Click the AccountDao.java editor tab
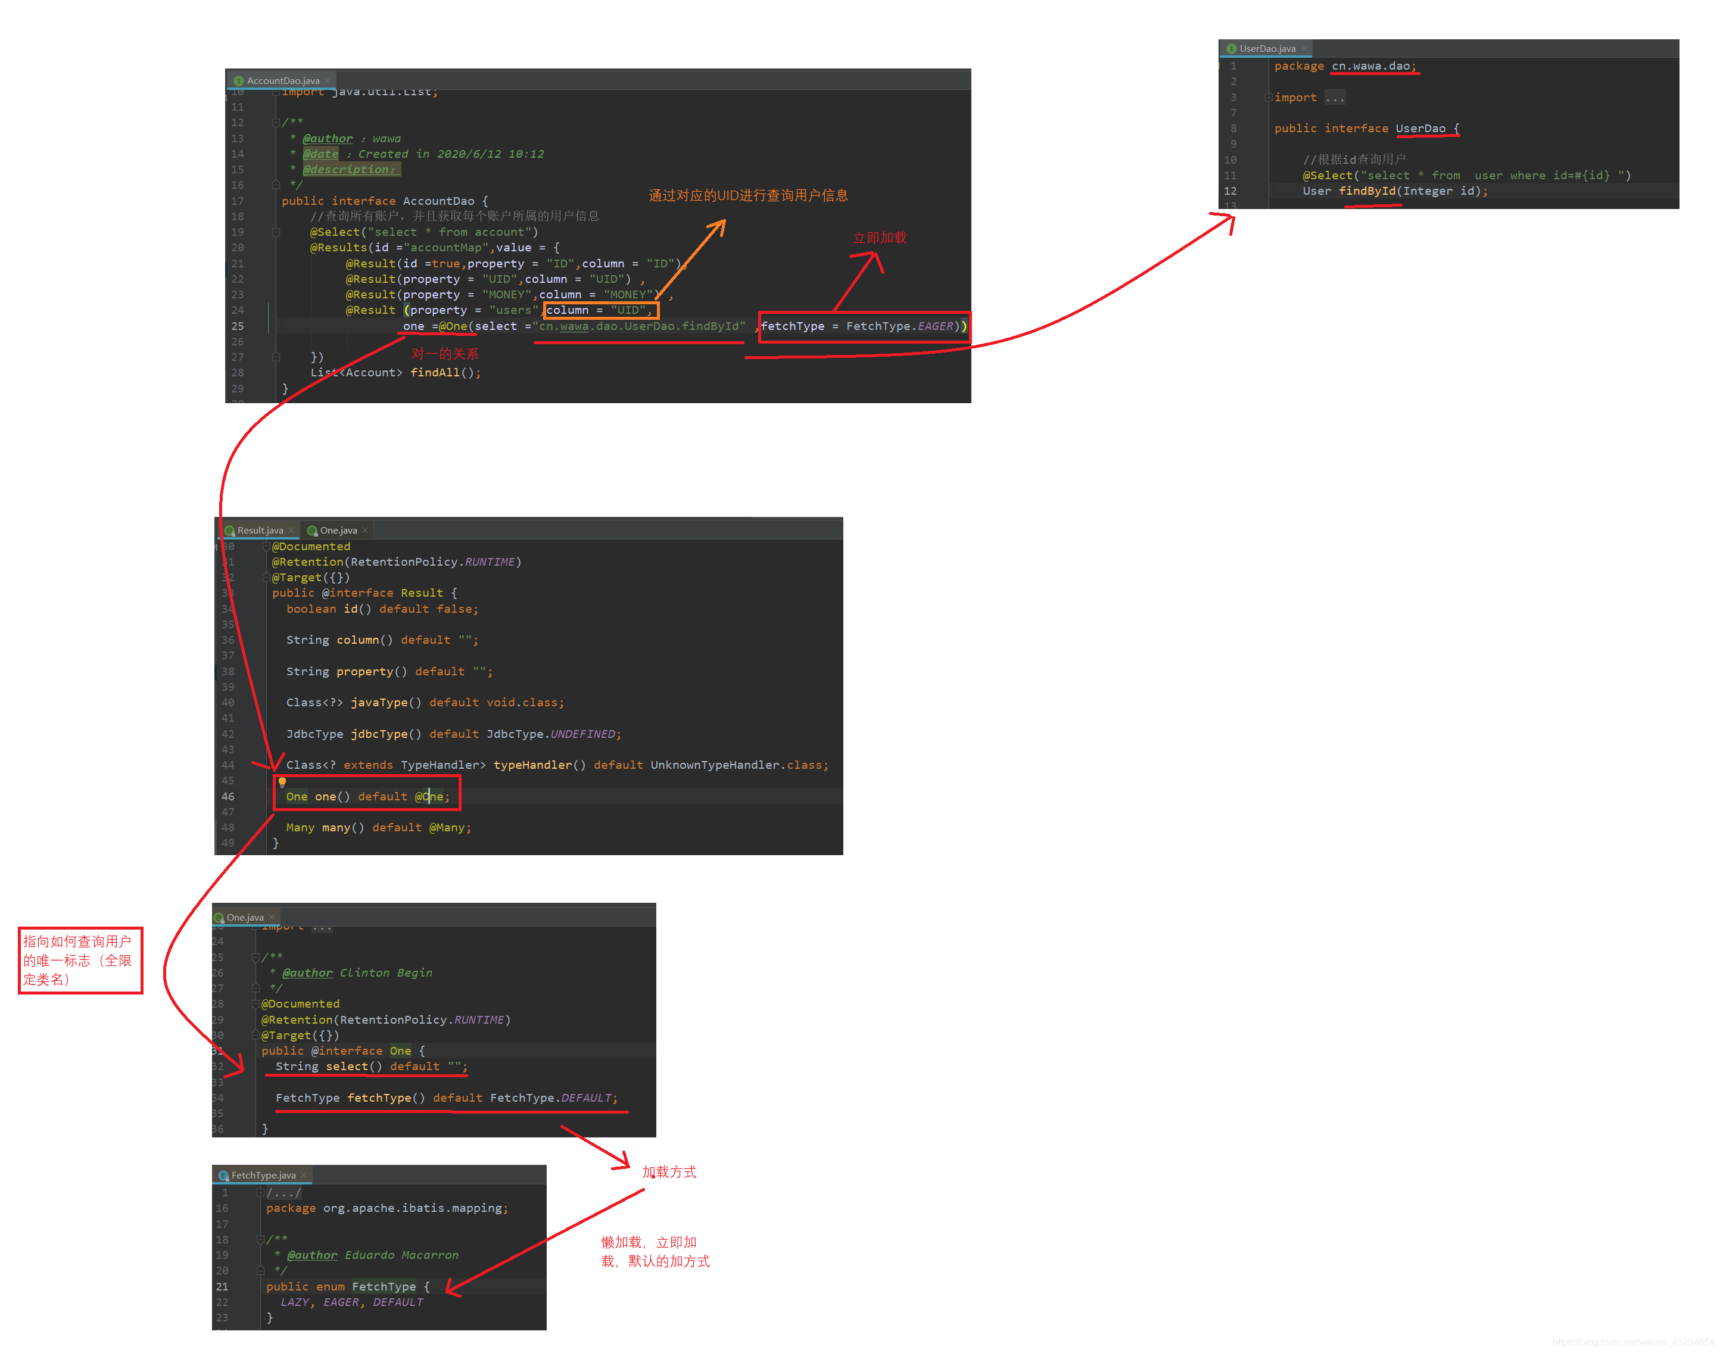(x=282, y=81)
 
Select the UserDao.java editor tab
(x=1266, y=49)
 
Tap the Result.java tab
(x=259, y=531)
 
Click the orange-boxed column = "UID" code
(x=600, y=310)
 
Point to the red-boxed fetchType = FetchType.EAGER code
(x=863, y=326)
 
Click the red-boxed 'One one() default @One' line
(x=367, y=797)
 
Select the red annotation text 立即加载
(x=880, y=238)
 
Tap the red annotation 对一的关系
(x=444, y=354)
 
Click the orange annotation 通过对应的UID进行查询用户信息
(x=748, y=196)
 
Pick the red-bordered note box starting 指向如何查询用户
(x=80, y=960)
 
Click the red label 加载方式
(x=669, y=1173)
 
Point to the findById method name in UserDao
(x=1367, y=192)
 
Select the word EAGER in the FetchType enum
(x=341, y=1302)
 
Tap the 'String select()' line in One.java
(x=370, y=1067)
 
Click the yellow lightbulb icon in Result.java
(x=282, y=783)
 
